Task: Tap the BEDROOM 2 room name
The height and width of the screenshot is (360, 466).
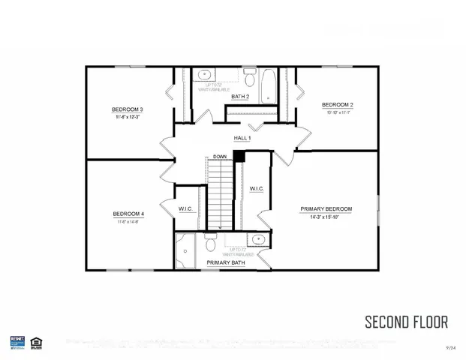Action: coord(337,104)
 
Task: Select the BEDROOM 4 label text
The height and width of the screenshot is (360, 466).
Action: coord(128,213)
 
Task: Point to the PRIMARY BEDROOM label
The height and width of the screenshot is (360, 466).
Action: coord(326,208)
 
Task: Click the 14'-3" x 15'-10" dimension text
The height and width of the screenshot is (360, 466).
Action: coord(326,217)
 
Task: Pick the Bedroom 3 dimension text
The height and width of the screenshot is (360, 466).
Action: coord(129,118)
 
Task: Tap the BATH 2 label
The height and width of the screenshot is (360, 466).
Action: coord(240,97)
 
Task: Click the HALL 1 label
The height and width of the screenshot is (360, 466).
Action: coord(241,138)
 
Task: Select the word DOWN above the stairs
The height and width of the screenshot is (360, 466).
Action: coord(219,156)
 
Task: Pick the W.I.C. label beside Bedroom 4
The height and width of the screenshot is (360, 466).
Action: coord(187,208)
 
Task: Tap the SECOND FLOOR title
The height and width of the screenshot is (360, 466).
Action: coord(406,322)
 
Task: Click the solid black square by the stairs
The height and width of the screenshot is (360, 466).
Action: coord(239,155)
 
